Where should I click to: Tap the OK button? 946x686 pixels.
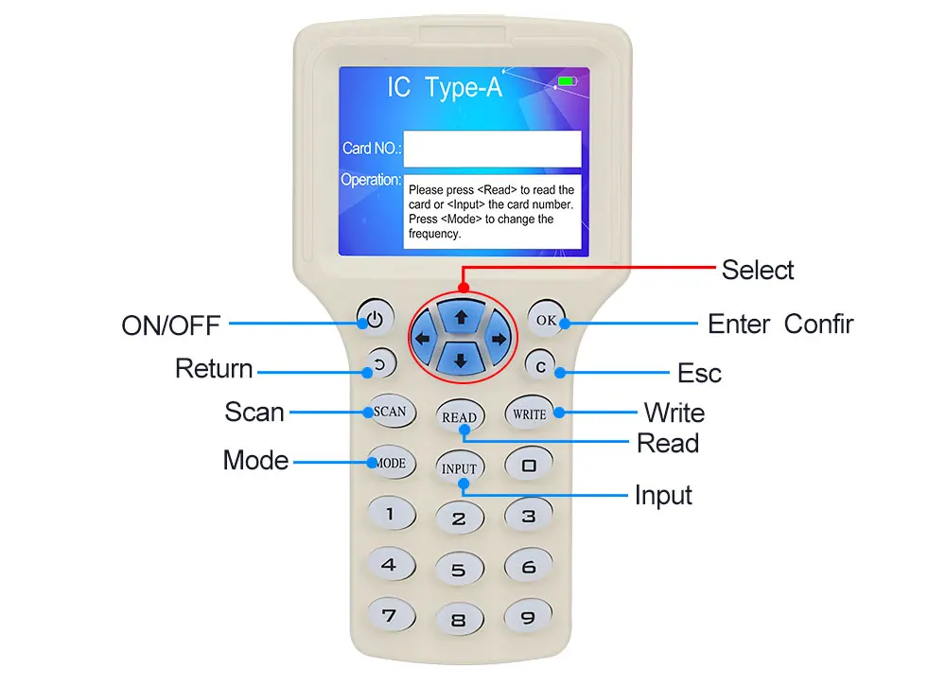point(547,320)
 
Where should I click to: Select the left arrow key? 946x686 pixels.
point(423,339)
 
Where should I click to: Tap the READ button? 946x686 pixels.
point(460,416)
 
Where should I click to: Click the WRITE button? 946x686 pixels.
point(529,413)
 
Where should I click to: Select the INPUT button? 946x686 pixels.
point(460,467)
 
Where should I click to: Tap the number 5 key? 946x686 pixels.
point(459,570)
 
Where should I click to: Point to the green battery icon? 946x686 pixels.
point(566,81)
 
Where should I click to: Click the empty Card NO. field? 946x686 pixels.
point(492,149)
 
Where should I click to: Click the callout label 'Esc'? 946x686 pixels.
point(700,373)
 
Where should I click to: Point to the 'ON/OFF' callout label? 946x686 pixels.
point(170,325)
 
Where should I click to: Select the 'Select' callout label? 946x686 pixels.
point(757,270)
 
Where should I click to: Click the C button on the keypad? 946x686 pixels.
point(539,365)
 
